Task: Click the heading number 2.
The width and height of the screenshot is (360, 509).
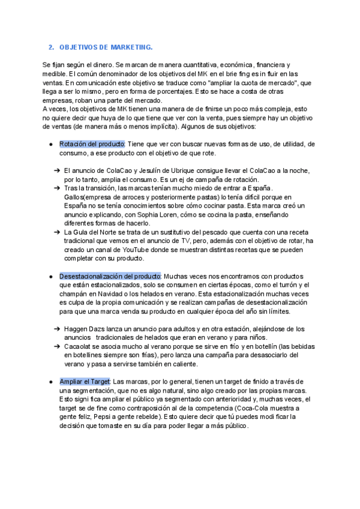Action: click(x=50, y=47)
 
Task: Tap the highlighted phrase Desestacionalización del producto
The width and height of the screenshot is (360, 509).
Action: click(x=110, y=276)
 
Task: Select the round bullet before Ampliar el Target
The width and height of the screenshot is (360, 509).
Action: click(x=50, y=382)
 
